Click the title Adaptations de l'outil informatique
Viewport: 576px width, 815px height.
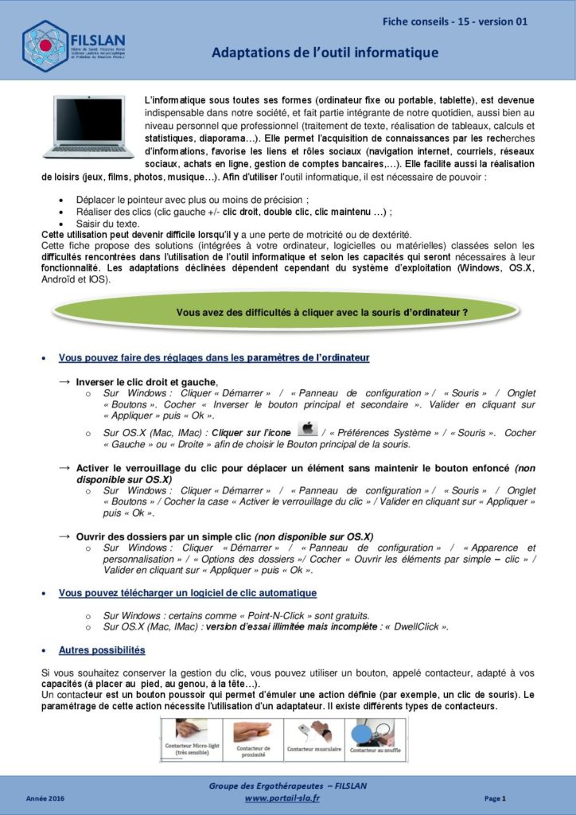tap(325, 53)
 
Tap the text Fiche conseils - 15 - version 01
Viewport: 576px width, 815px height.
tap(454, 21)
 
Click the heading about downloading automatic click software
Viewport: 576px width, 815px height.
tap(188, 593)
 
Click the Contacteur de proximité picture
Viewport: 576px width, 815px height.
tap(253, 737)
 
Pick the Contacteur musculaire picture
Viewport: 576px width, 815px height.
tap(314, 737)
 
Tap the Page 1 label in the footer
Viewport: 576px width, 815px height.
tap(495, 797)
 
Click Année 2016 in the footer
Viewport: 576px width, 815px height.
tap(45, 797)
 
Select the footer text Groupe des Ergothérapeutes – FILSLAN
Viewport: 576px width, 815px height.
tap(287, 786)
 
